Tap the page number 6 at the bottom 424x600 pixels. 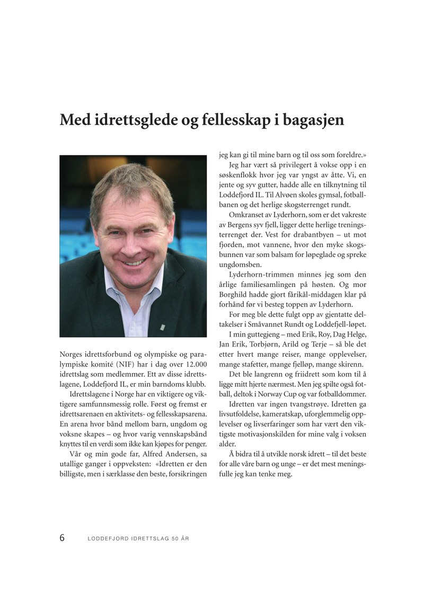click(62, 538)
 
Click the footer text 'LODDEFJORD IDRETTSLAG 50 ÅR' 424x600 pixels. click(138, 539)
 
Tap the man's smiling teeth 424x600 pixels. click(134, 261)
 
